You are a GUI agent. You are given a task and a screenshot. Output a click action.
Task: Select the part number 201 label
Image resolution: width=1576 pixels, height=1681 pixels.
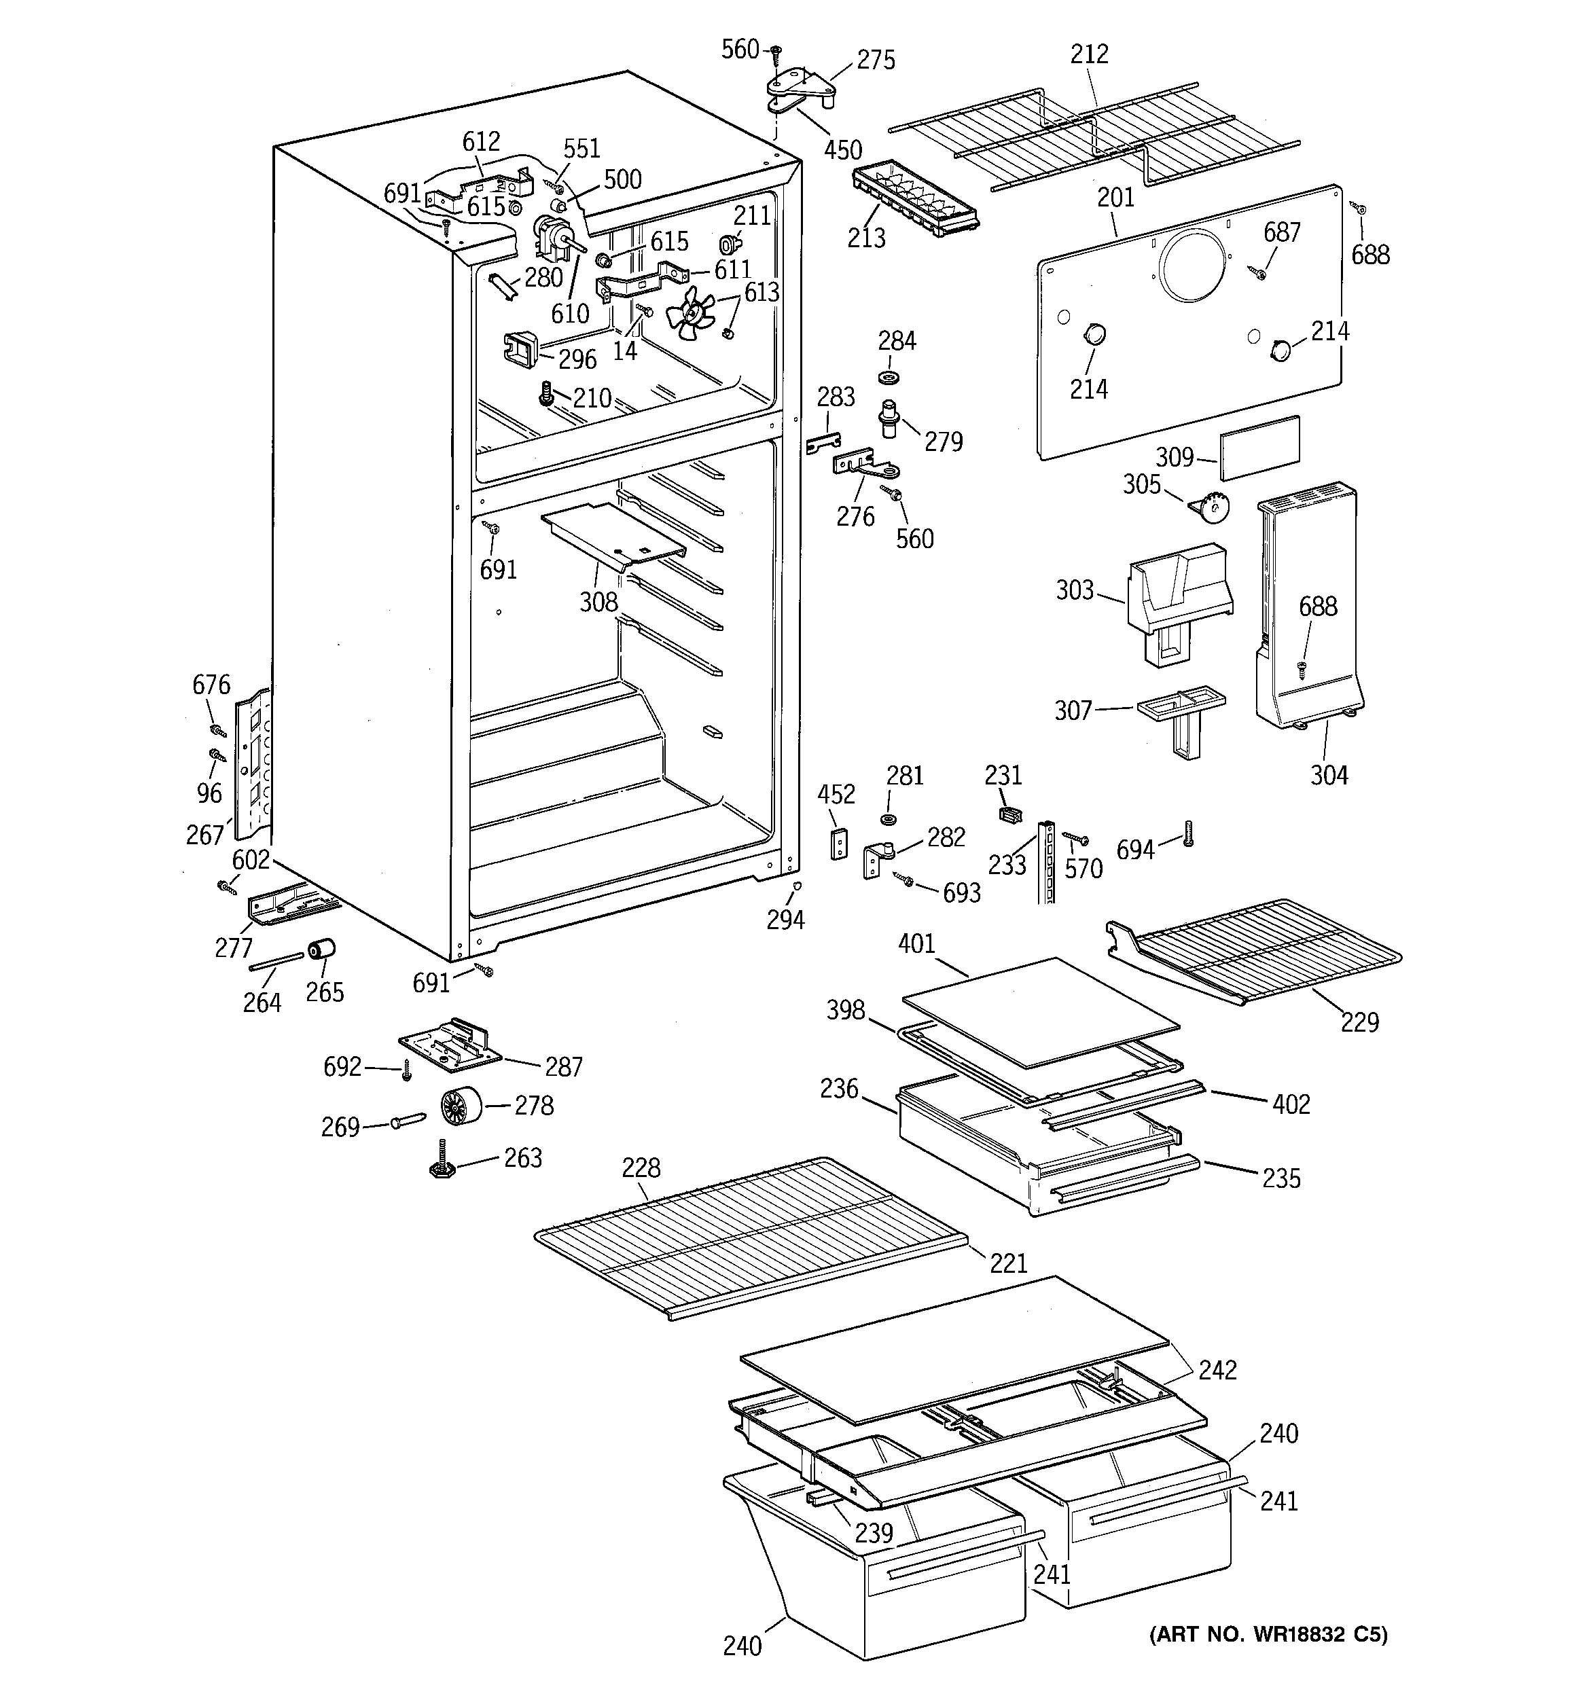(1116, 198)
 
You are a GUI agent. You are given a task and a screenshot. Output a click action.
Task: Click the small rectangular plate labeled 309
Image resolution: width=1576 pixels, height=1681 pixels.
(1259, 448)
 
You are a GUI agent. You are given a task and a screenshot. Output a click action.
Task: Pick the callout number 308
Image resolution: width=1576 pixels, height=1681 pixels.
(598, 602)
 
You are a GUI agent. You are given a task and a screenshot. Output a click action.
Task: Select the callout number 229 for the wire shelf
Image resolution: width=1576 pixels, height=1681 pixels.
(1359, 1022)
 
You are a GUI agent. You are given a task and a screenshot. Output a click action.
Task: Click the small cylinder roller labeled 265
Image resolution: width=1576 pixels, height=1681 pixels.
(321, 950)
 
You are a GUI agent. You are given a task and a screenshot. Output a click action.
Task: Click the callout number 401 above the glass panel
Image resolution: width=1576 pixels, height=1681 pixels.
(916, 943)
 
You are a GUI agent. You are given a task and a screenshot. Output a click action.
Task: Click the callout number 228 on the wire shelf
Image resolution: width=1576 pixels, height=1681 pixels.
(641, 1168)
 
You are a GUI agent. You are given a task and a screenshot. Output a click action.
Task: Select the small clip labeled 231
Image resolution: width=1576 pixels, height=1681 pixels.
(1007, 814)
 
